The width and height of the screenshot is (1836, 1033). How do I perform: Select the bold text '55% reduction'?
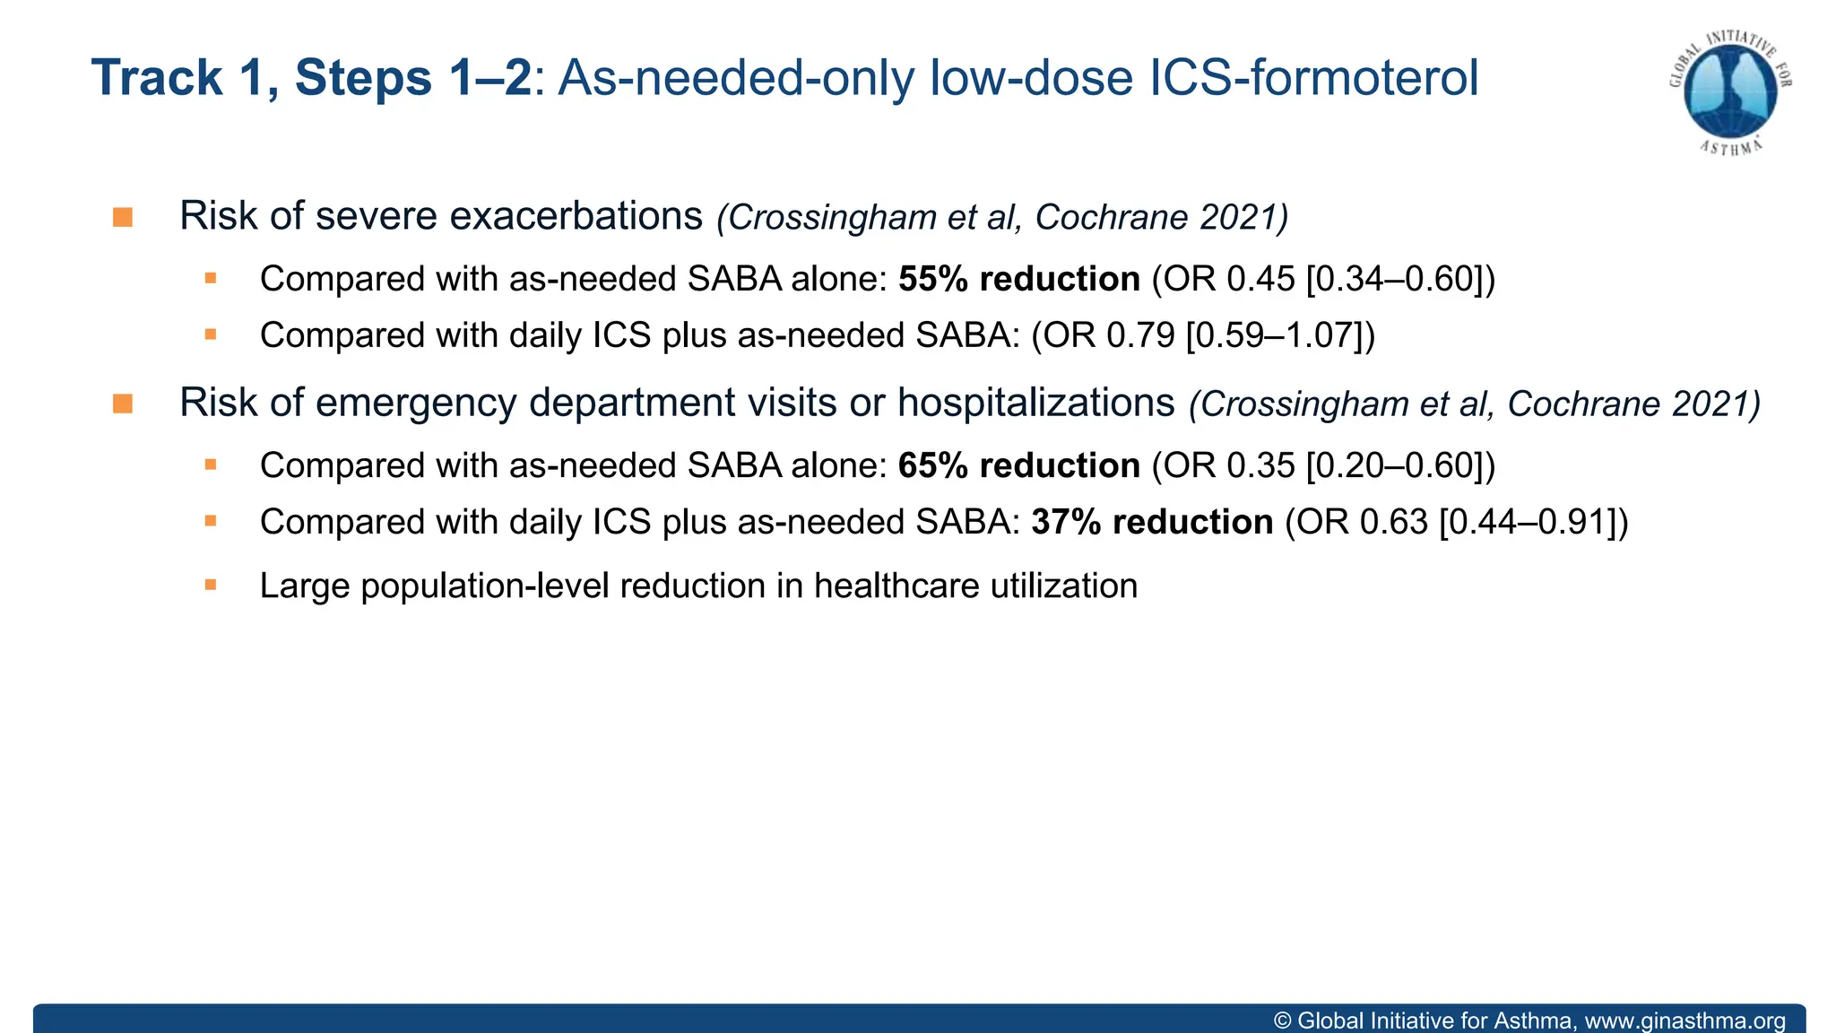click(x=1018, y=280)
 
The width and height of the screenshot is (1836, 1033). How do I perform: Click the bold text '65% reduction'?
click(x=1018, y=466)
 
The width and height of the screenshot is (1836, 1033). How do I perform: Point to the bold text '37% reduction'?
click(x=1152, y=523)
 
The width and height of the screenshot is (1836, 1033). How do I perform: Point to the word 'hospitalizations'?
click(x=1035, y=404)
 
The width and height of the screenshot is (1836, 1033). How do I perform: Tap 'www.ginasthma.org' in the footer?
click(x=1684, y=1020)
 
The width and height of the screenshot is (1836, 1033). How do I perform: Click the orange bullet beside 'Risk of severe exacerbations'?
click(x=123, y=218)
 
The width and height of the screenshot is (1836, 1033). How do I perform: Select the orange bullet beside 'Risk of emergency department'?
click(x=123, y=404)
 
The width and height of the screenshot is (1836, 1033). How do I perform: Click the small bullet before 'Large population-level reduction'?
click(x=211, y=586)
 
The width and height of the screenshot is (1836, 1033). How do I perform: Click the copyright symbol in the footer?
click(x=1283, y=1020)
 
